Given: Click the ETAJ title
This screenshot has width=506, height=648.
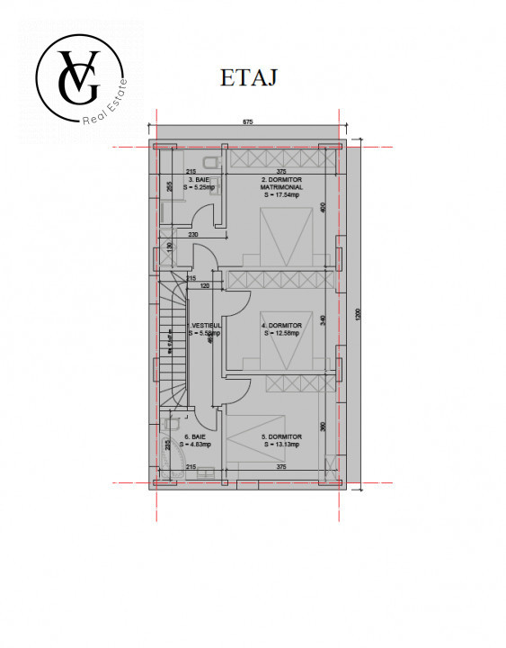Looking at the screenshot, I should coord(248,78).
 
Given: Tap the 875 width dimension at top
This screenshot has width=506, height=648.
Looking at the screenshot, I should coord(248,121).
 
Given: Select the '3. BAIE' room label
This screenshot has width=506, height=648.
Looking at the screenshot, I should coord(196,179).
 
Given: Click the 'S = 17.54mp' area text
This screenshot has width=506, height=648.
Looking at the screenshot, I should coord(281,194).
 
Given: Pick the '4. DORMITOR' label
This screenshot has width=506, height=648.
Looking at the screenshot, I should coord(282,325).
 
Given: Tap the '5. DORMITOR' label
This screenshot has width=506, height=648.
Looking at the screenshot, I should coord(281,436).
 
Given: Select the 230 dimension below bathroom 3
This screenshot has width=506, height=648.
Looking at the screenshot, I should coord(193,235).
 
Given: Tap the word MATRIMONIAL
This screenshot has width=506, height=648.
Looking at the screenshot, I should coord(282,187).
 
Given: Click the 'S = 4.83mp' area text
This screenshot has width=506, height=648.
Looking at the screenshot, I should coord(195,444).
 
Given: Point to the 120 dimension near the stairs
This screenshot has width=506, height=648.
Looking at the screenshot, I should coord(204,285).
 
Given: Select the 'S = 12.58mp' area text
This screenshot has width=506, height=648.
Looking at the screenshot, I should coord(281,332).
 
